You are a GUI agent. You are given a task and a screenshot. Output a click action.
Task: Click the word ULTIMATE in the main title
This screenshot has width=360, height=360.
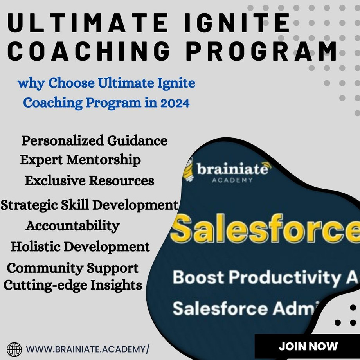84,23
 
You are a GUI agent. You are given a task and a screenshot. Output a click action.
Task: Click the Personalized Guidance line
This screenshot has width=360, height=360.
94,140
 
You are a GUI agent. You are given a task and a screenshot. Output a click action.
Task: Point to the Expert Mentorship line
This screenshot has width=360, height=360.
80,160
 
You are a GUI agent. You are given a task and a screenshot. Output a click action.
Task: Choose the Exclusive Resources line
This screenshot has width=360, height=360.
89,181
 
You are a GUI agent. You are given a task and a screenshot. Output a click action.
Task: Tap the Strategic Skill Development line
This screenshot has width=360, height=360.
89,205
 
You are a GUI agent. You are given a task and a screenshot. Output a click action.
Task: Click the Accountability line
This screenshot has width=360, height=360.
72,226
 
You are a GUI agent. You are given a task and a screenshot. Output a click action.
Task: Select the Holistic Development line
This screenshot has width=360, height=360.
80,247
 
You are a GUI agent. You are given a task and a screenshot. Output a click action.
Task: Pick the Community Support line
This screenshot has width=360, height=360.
73,268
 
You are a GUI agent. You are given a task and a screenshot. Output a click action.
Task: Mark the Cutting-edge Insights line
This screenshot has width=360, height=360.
73,285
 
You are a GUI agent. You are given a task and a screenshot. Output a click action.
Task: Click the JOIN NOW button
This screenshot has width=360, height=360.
308,346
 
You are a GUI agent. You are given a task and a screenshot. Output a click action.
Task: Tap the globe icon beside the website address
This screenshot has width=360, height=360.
14,349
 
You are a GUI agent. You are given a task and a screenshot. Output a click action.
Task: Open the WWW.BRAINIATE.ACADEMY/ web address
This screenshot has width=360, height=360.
88,349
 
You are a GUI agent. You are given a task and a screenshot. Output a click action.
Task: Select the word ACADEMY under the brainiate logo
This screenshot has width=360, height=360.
232,180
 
